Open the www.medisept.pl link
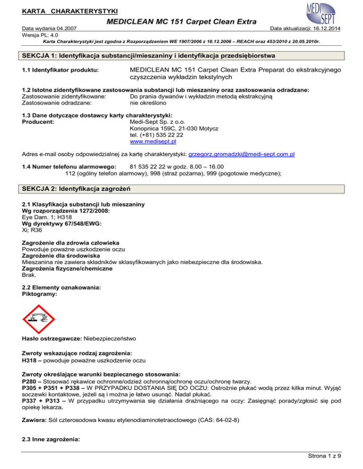(153, 141)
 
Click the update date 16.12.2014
(342, 29)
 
